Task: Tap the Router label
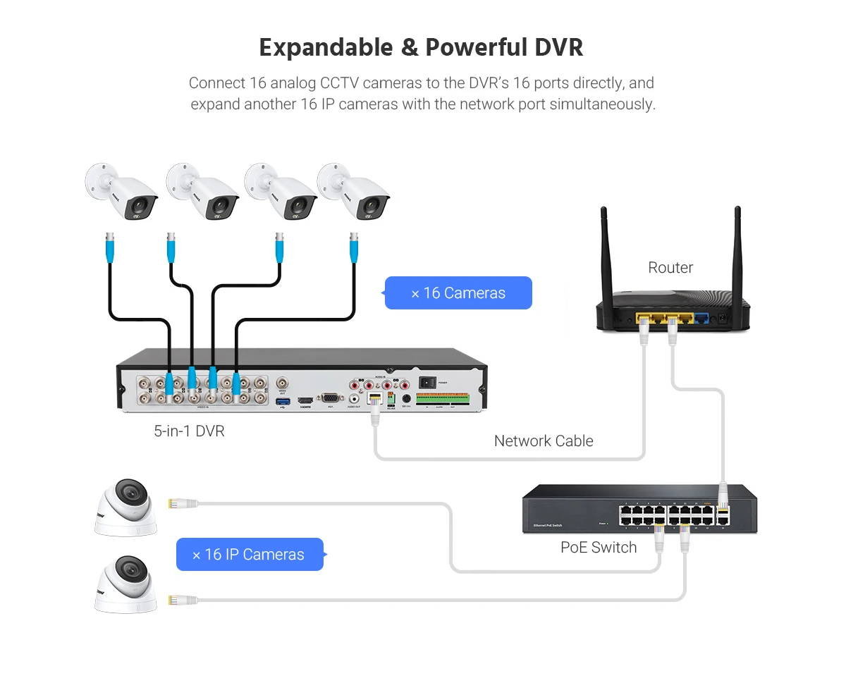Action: coord(670,268)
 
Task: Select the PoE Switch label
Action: coord(599,548)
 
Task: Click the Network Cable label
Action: coord(544,441)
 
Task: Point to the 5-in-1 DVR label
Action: coord(189,431)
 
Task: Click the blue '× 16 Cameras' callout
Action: coord(458,293)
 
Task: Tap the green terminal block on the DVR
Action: coord(443,398)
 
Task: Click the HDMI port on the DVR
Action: coord(305,401)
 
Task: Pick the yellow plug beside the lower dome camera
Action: coord(173,601)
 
